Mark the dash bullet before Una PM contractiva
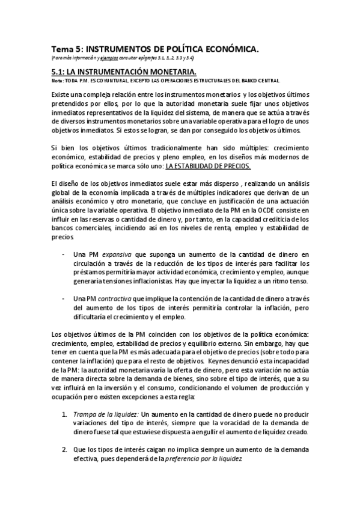(64, 298)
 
